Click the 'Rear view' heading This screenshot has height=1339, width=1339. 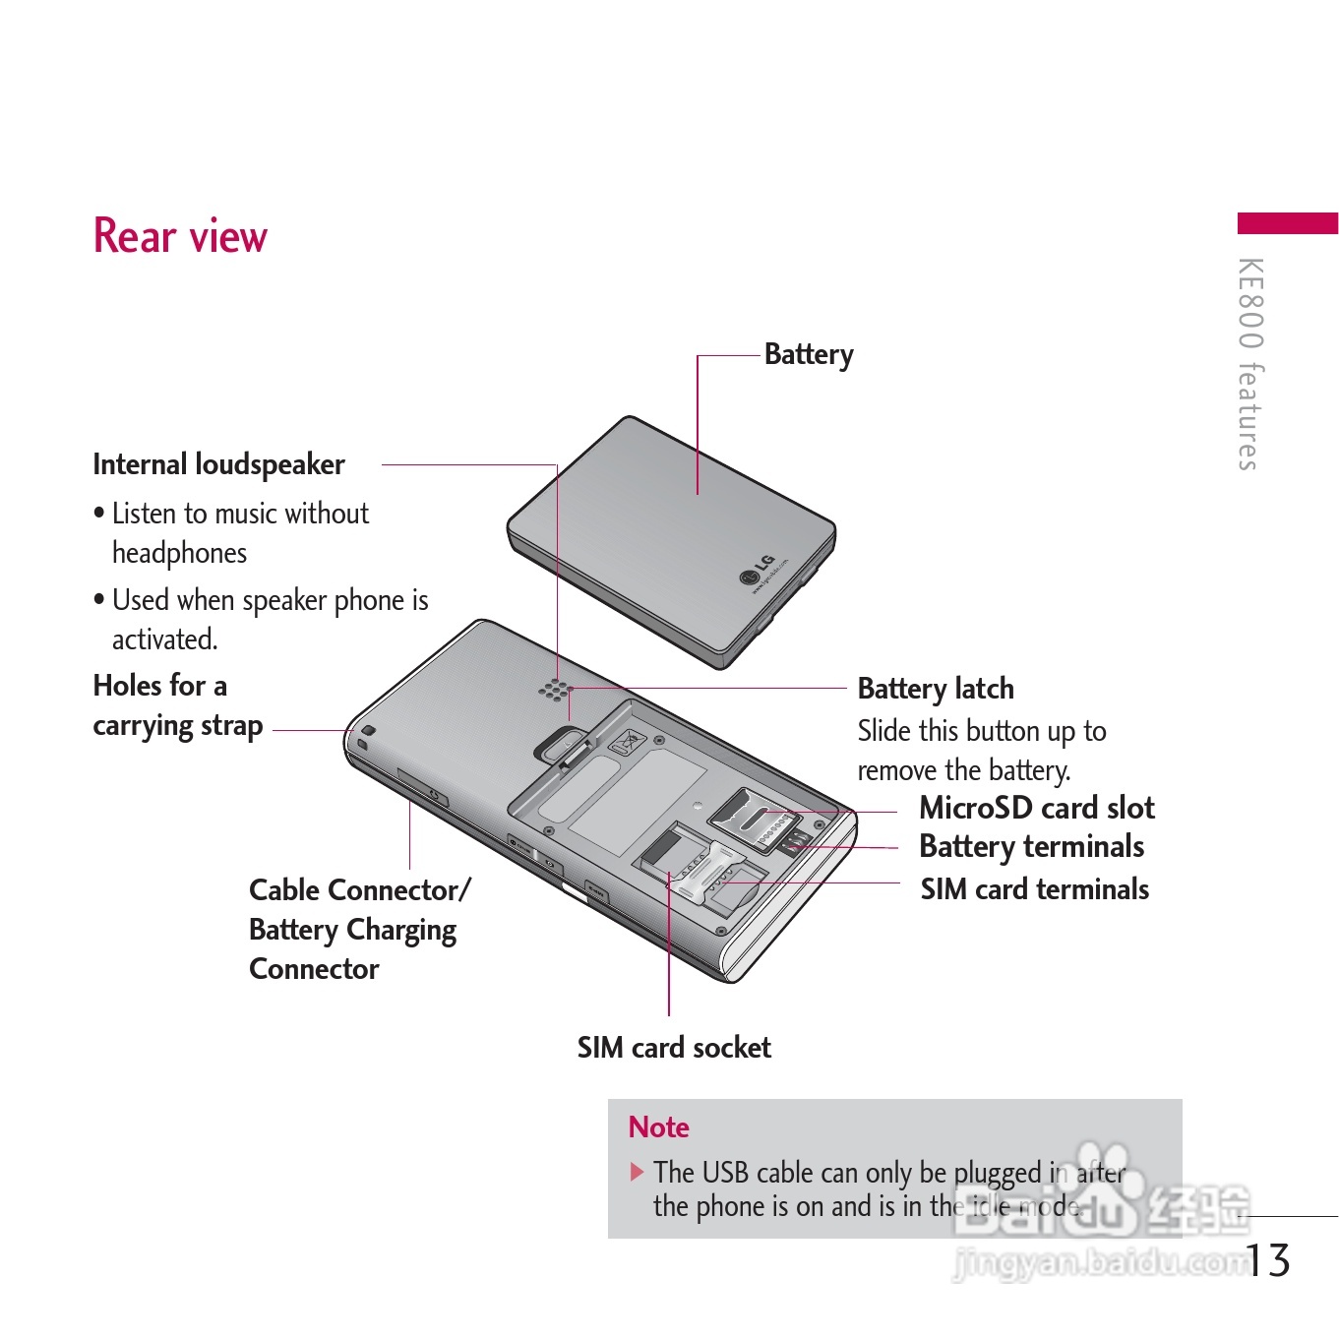180,236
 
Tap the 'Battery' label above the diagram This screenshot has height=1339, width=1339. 809,354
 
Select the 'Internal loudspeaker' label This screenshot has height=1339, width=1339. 218,464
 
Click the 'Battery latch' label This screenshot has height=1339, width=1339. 936,689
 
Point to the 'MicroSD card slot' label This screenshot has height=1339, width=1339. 1036,808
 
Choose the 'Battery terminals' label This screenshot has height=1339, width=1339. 1031,846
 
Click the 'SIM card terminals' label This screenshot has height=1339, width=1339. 1034,889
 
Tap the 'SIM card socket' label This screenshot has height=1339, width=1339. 674,1048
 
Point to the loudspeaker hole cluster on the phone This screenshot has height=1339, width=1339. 555,691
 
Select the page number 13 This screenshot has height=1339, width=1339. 1269,1260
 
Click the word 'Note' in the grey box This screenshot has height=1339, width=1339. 658,1127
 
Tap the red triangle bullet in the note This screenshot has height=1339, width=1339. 638,1172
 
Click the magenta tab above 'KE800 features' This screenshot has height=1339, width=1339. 1287,223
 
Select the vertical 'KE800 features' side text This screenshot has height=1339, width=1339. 1249,364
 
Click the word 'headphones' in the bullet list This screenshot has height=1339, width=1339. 179,553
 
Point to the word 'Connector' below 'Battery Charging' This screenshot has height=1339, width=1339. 314,969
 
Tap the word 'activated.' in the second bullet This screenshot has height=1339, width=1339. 164,639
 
